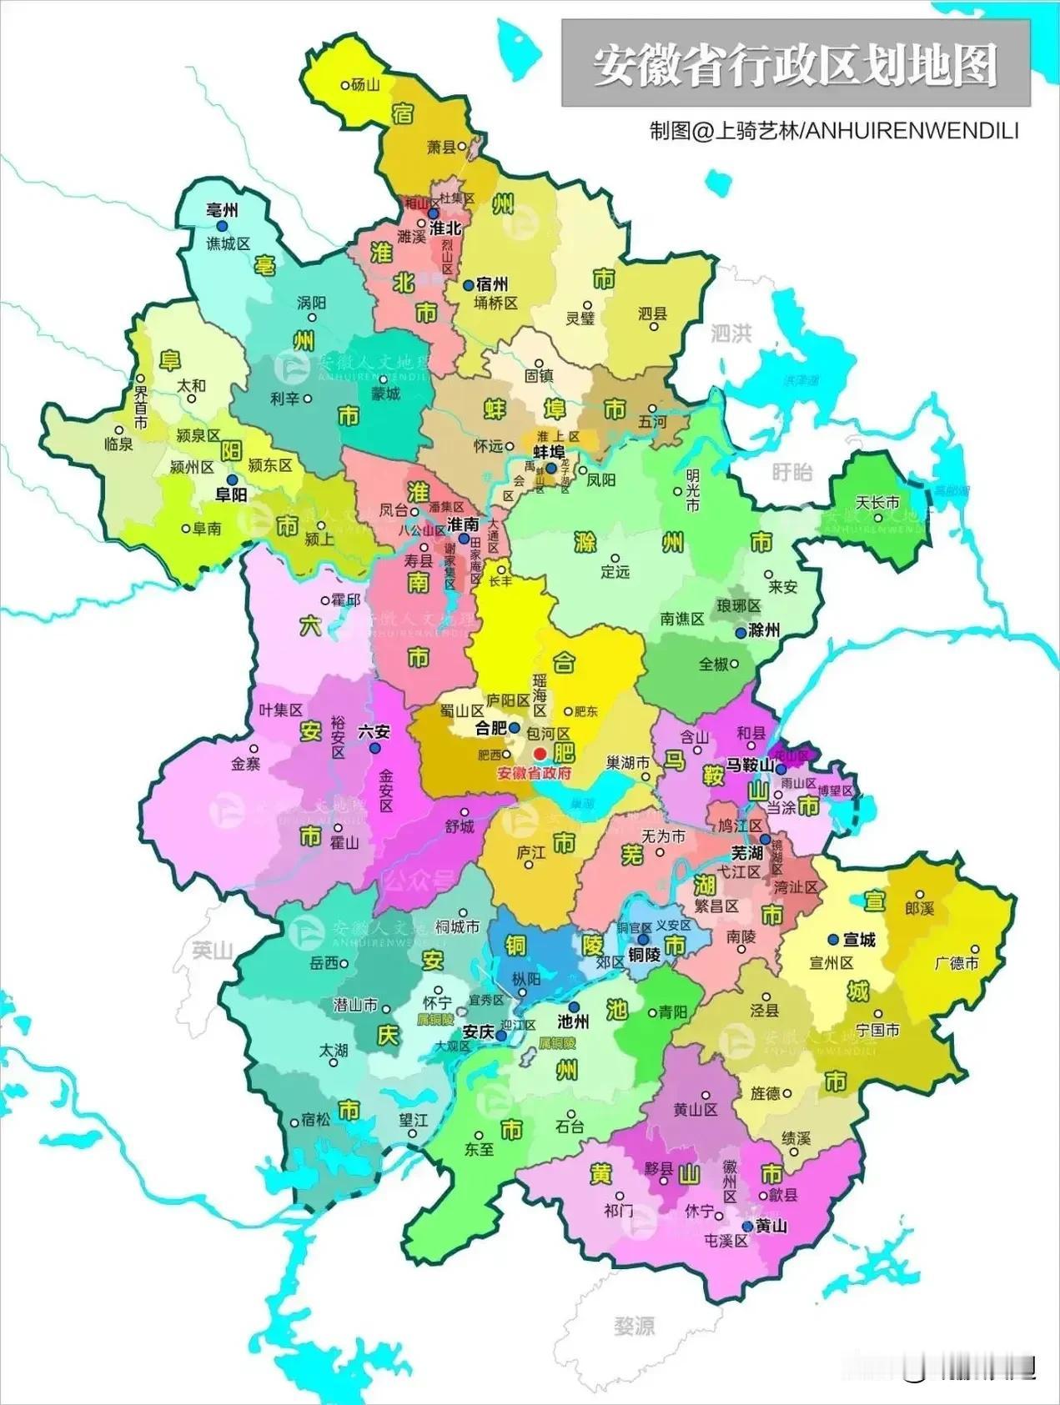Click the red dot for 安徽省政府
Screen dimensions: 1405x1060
540,754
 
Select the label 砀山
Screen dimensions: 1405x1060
365,85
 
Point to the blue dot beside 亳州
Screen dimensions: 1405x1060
222,226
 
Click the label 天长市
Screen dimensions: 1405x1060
877,503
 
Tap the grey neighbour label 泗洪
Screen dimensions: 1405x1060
731,334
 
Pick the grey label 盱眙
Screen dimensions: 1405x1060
791,473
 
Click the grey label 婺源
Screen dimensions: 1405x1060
634,1325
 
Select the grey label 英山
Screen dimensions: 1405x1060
212,950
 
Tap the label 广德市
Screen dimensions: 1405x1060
957,963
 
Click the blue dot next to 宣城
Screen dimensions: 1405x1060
832,940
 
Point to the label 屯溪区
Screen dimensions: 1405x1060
725,1241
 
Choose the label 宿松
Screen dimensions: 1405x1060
316,1120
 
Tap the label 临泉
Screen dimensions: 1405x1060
118,444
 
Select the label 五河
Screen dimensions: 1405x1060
652,423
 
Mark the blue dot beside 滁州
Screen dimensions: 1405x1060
740,633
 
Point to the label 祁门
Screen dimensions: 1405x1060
618,1210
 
